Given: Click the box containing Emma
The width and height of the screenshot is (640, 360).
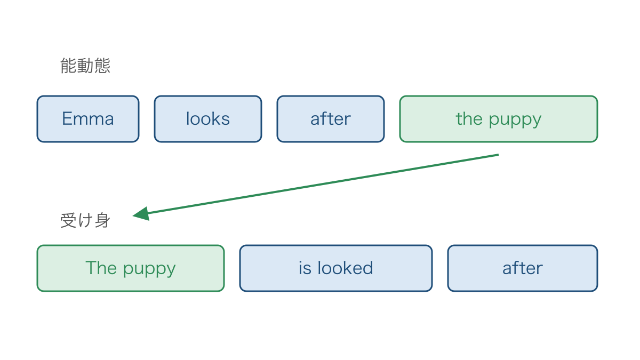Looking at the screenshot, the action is (88, 119).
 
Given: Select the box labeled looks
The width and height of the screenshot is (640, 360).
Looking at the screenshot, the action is (208, 119).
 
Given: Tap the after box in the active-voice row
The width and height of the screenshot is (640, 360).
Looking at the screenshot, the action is (331, 119).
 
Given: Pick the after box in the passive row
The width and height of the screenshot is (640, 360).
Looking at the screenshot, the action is (523, 268).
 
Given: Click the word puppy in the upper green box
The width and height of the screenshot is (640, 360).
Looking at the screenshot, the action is (515, 120).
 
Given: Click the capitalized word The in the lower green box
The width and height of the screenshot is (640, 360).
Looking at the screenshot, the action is (101, 268).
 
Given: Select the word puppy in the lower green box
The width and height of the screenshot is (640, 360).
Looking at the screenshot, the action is (149, 269).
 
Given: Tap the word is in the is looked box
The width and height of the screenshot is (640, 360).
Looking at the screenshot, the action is (305, 268).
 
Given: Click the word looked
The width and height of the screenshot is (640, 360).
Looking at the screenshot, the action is (345, 268).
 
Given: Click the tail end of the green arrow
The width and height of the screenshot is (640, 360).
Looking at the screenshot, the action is (499, 155).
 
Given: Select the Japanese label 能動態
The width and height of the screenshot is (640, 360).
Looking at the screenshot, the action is (85, 66).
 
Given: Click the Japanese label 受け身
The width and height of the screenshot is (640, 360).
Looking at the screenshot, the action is (85, 220).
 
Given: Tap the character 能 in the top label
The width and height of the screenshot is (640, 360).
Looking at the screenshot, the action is (68, 66).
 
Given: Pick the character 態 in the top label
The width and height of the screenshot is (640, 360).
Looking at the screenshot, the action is (102, 66).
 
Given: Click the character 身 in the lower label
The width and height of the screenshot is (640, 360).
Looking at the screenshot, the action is (102, 220).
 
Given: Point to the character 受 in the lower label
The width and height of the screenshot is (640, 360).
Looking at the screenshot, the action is (68, 220).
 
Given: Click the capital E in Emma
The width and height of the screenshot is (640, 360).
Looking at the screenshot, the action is (67, 118).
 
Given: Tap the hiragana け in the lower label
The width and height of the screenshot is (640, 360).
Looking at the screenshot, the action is (85, 220).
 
